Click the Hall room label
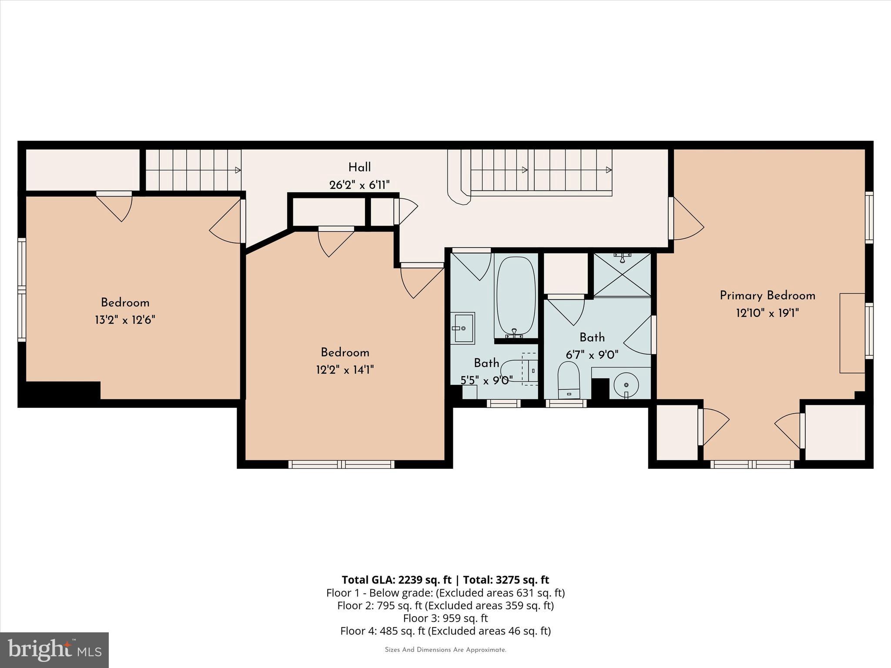[359, 167]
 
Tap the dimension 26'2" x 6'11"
[359, 185]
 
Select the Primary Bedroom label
[767, 296]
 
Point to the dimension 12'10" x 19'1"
[767, 313]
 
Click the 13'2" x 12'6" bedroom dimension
[125, 321]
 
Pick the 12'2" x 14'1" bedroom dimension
[345, 370]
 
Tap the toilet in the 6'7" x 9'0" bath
[569, 380]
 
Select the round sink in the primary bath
[626, 385]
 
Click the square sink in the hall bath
[463, 328]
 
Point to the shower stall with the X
[622, 275]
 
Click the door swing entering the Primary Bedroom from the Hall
[687, 220]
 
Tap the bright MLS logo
[54, 650]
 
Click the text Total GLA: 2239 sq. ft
[396, 580]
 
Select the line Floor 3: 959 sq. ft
[445, 618]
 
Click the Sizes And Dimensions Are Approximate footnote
[445, 650]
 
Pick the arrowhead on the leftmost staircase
[238, 170]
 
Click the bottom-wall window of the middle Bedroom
[342, 464]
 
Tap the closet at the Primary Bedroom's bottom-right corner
[835, 432]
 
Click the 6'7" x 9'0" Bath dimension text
[592, 355]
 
